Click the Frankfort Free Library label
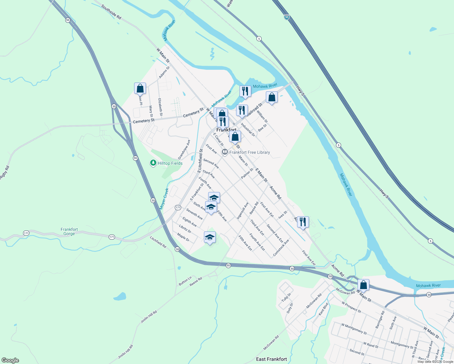249,152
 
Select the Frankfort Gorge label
69,231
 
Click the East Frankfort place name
271,359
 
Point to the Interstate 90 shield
286,17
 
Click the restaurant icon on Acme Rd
303,222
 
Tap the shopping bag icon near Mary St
140,88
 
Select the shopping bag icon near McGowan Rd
363,285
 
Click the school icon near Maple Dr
210,238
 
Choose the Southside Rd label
111,12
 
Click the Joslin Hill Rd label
149,317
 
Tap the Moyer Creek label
164,199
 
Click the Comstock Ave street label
281,248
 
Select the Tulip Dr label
286,297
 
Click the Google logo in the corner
10,360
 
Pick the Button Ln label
185,281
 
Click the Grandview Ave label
184,150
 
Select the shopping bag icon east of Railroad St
272,97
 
